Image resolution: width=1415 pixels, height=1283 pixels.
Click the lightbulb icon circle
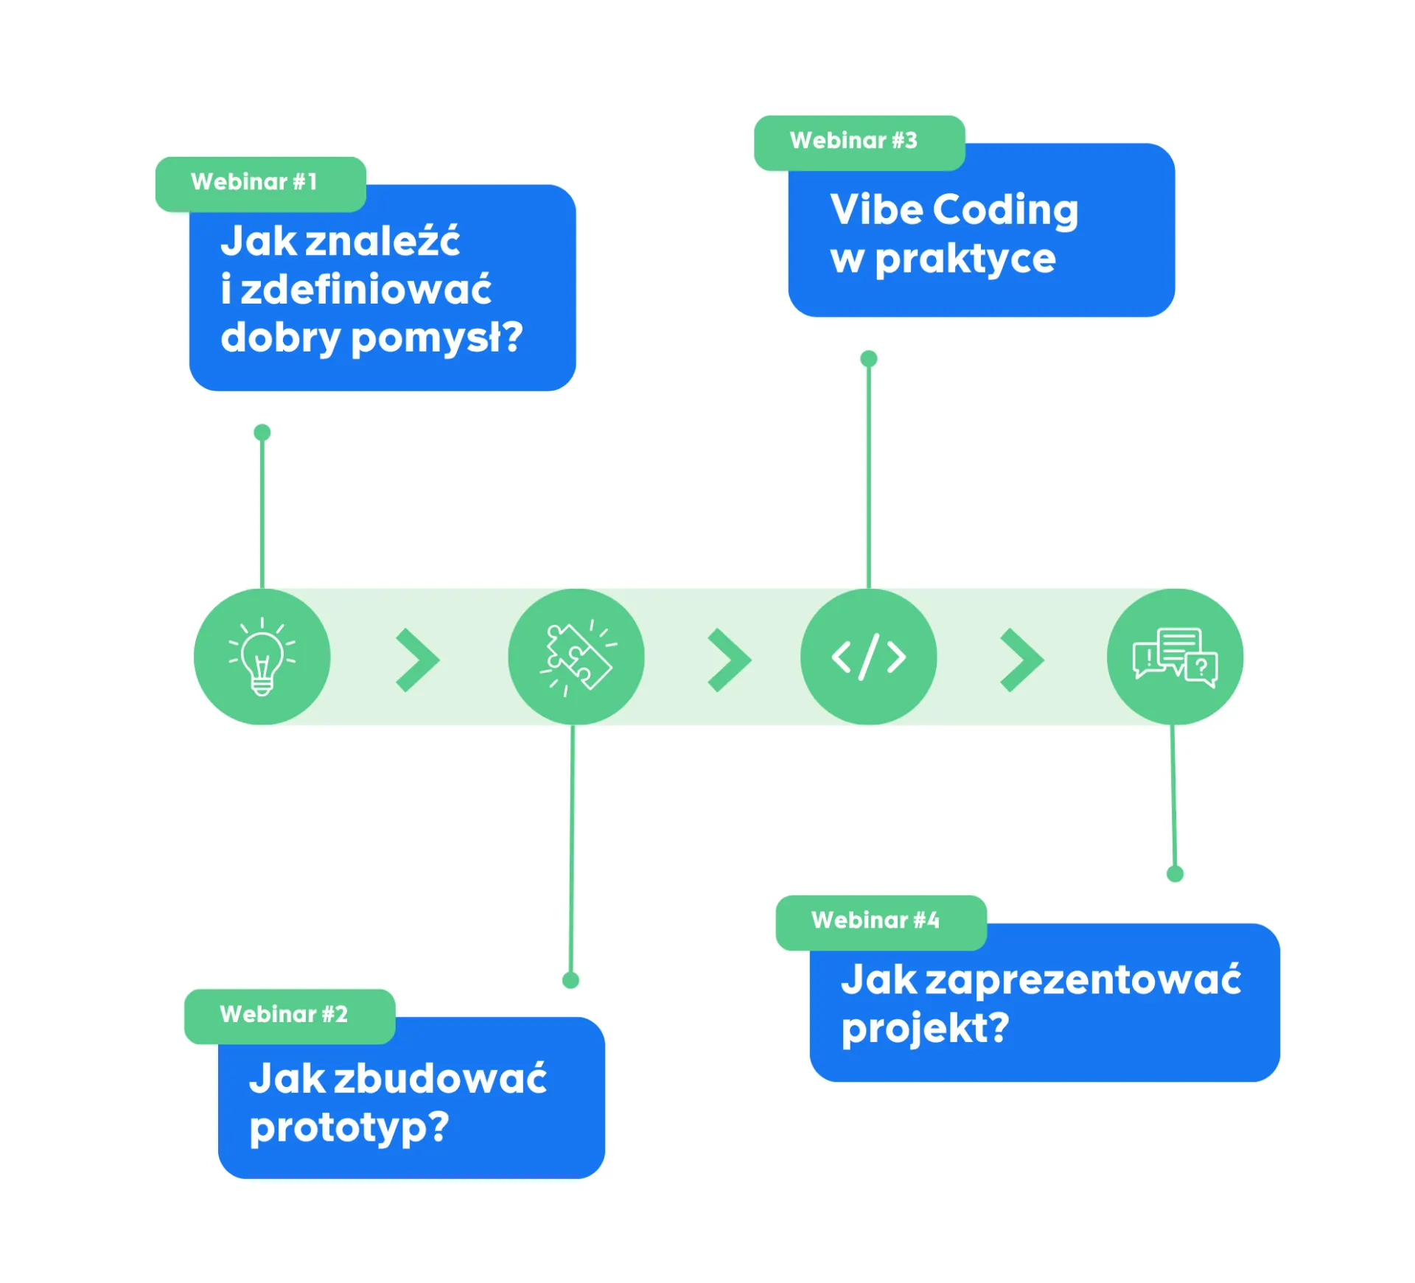pos(262,656)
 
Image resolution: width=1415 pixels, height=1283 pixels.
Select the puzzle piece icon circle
pos(576,656)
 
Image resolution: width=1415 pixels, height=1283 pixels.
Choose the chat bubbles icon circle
pos(1174,656)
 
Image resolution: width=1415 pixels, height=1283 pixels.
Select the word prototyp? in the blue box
pos(349,1128)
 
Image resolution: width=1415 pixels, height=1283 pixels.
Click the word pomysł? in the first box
pos(436,338)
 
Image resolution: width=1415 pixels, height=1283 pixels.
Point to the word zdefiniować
pos(366,289)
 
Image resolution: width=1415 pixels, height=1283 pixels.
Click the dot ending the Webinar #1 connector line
pos(262,432)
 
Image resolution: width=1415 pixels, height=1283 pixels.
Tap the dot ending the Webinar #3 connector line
pos(868,358)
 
